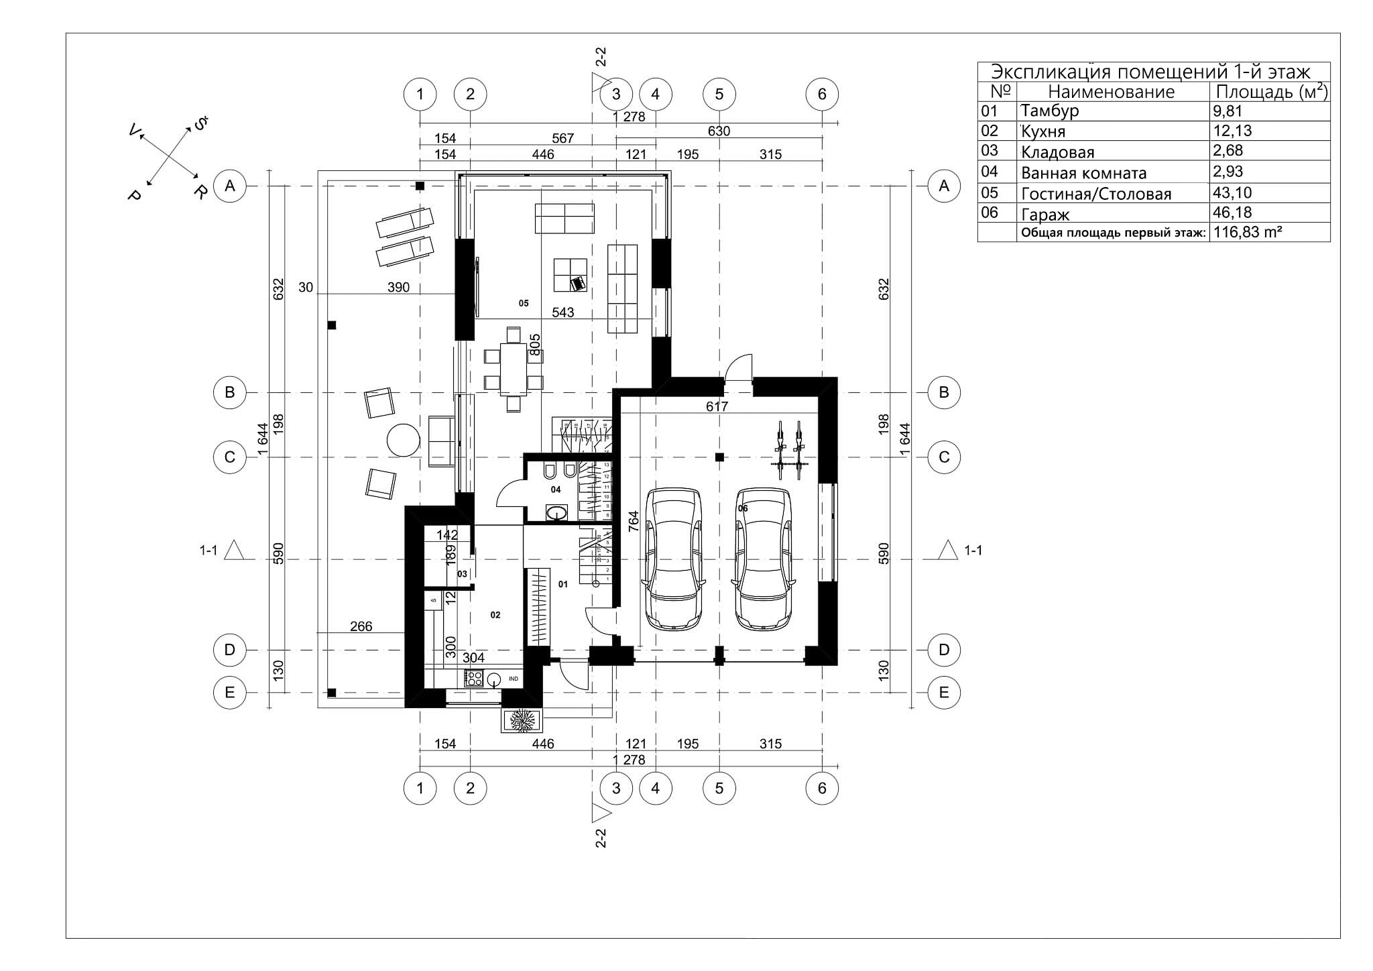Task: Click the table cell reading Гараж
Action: pyautogui.click(x=1044, y=215)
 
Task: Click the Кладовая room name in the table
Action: pyautogui.click(x=1057, y=152)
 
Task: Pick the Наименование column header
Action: pyautogui.click(x=1111, y=92)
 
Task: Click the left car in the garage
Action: pyautogui.click(x=673, y=558)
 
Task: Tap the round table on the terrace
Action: pyautogui.click(x=404, y=441)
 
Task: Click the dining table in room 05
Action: pyautogui.click(x=514, y=369)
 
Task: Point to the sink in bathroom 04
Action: pyautogui.click(x=556, y=514)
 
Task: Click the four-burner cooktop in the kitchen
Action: pyautogui.click(x=474, y=678)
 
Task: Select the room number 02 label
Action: pyautogui.click(x=495, y=614)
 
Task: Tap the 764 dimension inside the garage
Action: pyautogui.click(x=632, y=521)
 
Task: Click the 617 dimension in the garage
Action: pyautogui.click(x=717, y=406)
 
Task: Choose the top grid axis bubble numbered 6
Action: pyautogui.click(x=822, y=94)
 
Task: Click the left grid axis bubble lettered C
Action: pyautogui.click(x=229, y=457)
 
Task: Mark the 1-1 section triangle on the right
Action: pyautogui.click(x=947, y=550)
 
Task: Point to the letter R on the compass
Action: pyautogui.click(x=199, y=192)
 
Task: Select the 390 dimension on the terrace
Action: pyautogui.click(x=398, y=288)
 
